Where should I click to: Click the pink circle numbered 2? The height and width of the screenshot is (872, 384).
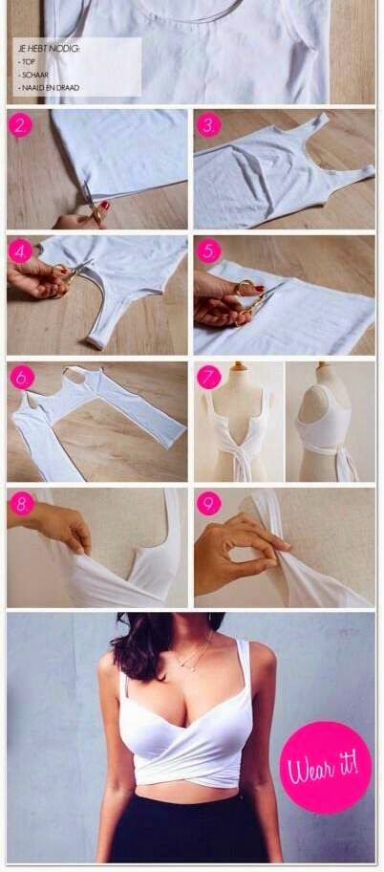21,125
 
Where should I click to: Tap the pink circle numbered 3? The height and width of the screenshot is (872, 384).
208,125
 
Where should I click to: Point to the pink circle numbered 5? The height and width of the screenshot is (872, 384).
208,251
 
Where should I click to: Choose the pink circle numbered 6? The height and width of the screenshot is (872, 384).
22,377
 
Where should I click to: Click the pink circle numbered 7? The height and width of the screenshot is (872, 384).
209,377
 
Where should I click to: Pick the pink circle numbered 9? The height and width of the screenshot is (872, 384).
209,503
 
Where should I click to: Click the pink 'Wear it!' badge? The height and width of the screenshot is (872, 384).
326,768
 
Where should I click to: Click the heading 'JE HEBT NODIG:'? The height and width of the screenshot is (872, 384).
49,49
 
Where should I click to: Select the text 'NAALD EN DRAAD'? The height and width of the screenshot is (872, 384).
49,88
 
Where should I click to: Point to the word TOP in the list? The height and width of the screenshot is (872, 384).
28,62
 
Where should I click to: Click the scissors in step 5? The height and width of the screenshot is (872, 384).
257,299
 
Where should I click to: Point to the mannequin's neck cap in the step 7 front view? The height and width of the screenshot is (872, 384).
240,366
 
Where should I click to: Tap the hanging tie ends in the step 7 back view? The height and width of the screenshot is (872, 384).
345,462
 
